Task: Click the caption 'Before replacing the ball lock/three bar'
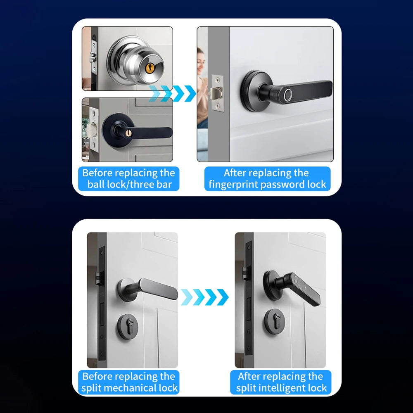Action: point(129,178)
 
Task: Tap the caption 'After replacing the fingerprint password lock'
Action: point(267,178)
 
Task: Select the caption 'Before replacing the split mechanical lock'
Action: point(129,382)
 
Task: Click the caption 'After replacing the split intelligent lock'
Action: point(281,382)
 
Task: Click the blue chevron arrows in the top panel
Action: point(173,93)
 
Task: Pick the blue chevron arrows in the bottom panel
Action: point(205,297)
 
